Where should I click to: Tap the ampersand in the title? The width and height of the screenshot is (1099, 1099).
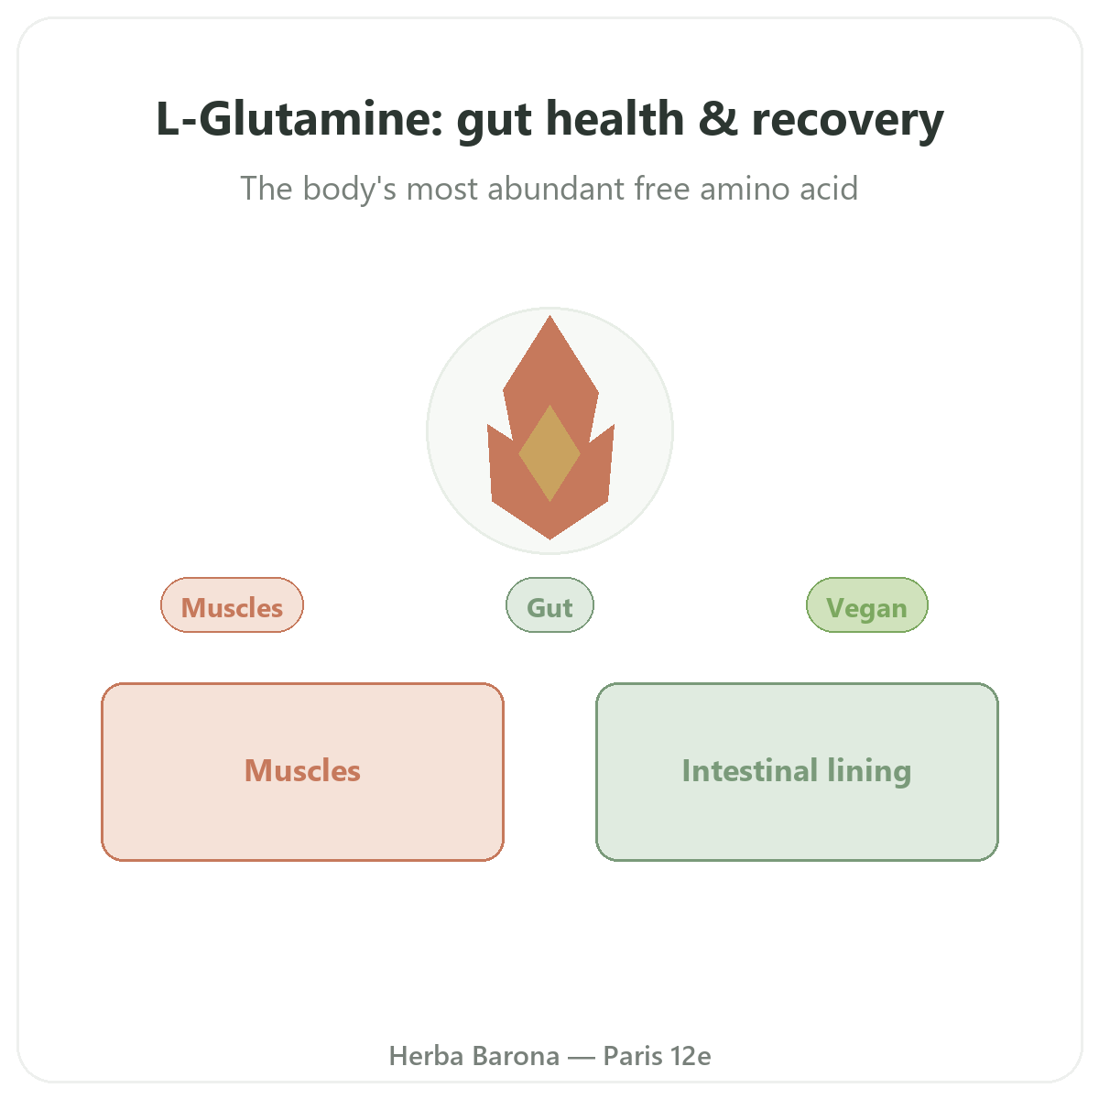coord(718,119)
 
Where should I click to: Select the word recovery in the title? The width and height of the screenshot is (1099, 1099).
coord(847,122)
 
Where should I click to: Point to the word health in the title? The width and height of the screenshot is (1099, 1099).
coord(615,118)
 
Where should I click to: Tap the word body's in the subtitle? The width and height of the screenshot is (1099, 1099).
coord(349,190)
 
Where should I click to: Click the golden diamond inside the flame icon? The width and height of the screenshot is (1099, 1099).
coord(549,453)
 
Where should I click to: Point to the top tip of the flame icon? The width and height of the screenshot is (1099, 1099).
coord(549,316)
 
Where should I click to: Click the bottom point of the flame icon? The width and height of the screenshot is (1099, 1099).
coord(549,539)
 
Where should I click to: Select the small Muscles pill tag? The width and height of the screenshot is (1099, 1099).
coord(232,605)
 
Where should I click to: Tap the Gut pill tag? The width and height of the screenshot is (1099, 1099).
coord(549,605)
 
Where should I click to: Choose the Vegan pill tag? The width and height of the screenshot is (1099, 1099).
coord(867,605)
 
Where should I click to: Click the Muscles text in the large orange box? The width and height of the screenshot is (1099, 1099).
coord(302,770)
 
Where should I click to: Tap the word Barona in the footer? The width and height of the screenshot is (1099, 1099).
coord(517,1056)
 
